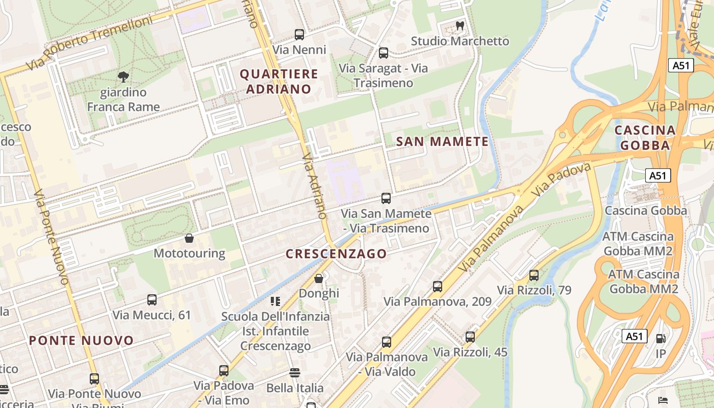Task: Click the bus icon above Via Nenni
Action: [299, 35]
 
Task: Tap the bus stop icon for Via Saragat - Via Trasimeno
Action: [384, 53]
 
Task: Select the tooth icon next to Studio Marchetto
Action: [460, 25]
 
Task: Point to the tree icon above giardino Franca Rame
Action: [123, 77]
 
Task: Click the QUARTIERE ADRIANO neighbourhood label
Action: [279, 82]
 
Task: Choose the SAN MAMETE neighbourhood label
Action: [442, 142]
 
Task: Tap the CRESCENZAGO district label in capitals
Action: [336, 253]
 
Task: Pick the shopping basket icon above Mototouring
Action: [189, 238]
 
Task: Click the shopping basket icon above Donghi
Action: [319, 278]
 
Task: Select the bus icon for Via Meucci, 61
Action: [152, 300]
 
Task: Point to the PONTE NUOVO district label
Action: [81, 340]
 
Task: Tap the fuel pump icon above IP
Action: [660, 338]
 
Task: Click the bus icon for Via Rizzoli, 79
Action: [534, 275]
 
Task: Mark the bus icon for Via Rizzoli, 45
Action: [470, 337]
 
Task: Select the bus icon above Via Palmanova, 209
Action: [438, 287]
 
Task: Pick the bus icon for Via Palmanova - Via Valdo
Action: [387, 342]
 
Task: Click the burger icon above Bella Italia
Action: [295, 373]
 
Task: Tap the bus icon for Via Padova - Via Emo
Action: [224, 371]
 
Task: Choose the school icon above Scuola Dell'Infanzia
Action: [275, 301]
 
